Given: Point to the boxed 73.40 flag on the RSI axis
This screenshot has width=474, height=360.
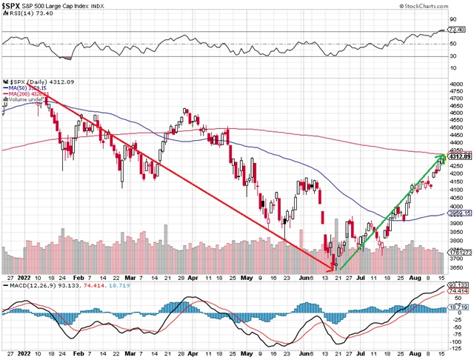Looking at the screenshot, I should pyautogui.click(x=458, y=30).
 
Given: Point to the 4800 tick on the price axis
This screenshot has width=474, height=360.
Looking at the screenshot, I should pyautogui.click(x=456, y=84).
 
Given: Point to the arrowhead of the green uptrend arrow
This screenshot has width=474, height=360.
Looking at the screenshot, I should pyautogui.click(x=444, y=156).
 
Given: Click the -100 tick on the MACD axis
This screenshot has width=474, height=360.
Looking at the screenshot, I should pyautogui.click(x=458, y=347).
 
